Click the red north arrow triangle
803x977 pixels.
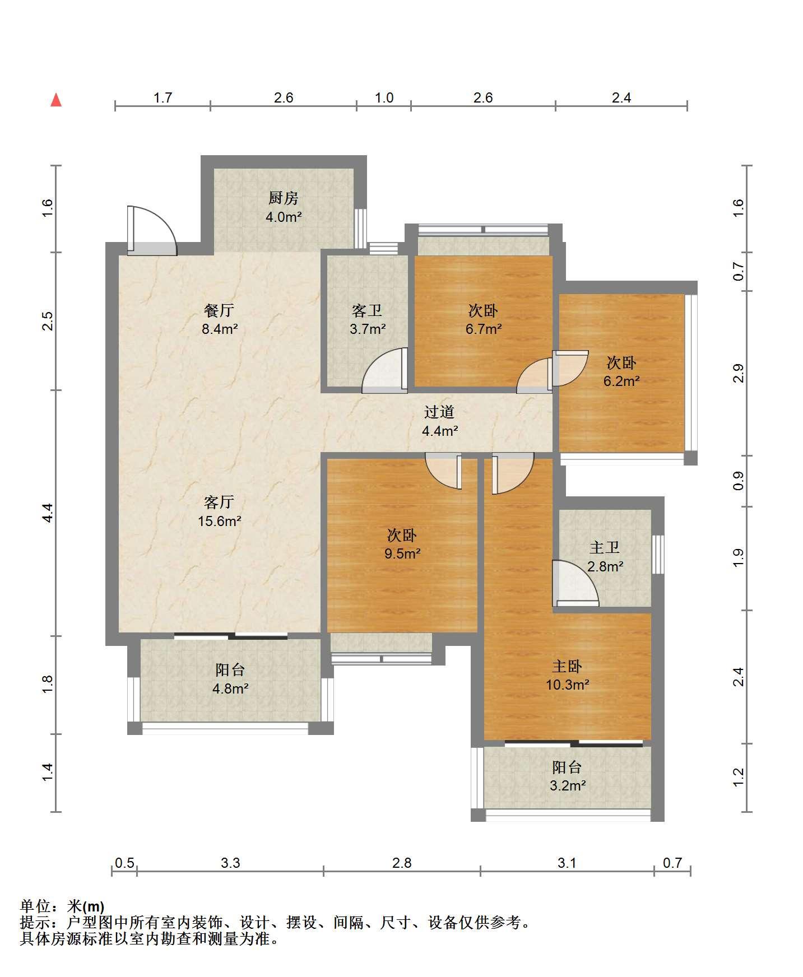click(x=56, y=100)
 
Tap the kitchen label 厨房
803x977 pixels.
click(x=283, y=198)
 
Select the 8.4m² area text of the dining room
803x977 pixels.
click(x=220, y=329)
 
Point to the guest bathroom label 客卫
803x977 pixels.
click(x=367, y=310)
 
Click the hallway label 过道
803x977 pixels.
click(x=439, y=412)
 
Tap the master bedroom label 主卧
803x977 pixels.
click(x=567, y=666)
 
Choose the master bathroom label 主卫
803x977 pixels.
click(x=605, y=547)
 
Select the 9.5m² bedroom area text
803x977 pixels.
click(x=402, y=553)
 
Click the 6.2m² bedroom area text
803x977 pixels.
click(x=621, y=381)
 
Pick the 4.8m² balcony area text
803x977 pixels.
click(x=230, y=688)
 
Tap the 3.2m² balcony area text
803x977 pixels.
click(x=568, y=785)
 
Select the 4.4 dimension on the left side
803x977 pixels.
click(x=48, y=513)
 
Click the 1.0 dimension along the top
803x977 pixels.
click(x=384, y=97)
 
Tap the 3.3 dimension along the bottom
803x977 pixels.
click(x=230, y=862)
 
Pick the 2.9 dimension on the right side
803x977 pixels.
click(x=739, y=373)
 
